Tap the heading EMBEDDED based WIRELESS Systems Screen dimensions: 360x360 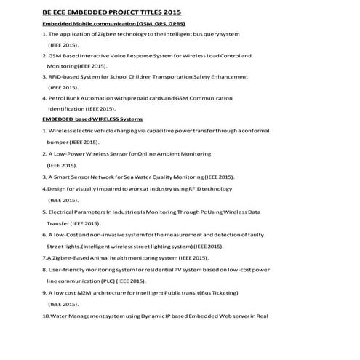click(92, 119)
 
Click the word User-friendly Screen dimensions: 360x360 click(67, 269)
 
